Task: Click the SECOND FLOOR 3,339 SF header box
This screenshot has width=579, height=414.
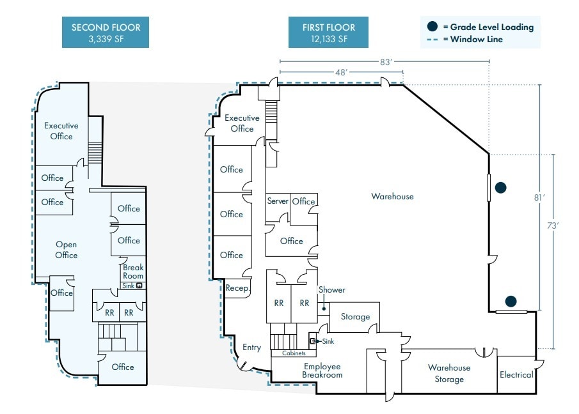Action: pos(106,33)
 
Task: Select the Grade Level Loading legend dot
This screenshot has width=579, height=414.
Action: pos(433,27)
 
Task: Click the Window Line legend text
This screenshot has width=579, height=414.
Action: pos(476,40)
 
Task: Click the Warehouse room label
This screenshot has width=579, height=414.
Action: pos(392,196)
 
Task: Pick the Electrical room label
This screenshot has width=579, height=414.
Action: pos(516,374)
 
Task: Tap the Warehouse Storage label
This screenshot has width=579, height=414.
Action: pos(449,374)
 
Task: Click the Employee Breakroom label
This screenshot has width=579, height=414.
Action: pos(322,371)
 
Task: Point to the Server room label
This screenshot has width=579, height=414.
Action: pos(278,201)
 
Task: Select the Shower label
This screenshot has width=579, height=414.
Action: pos(331,290)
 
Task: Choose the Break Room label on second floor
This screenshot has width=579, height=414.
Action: pos(133,272)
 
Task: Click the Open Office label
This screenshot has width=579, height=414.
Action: pos(66,250)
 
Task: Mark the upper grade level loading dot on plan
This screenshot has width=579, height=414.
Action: pos(501,188)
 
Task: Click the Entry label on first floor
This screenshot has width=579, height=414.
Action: pos(251,348)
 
